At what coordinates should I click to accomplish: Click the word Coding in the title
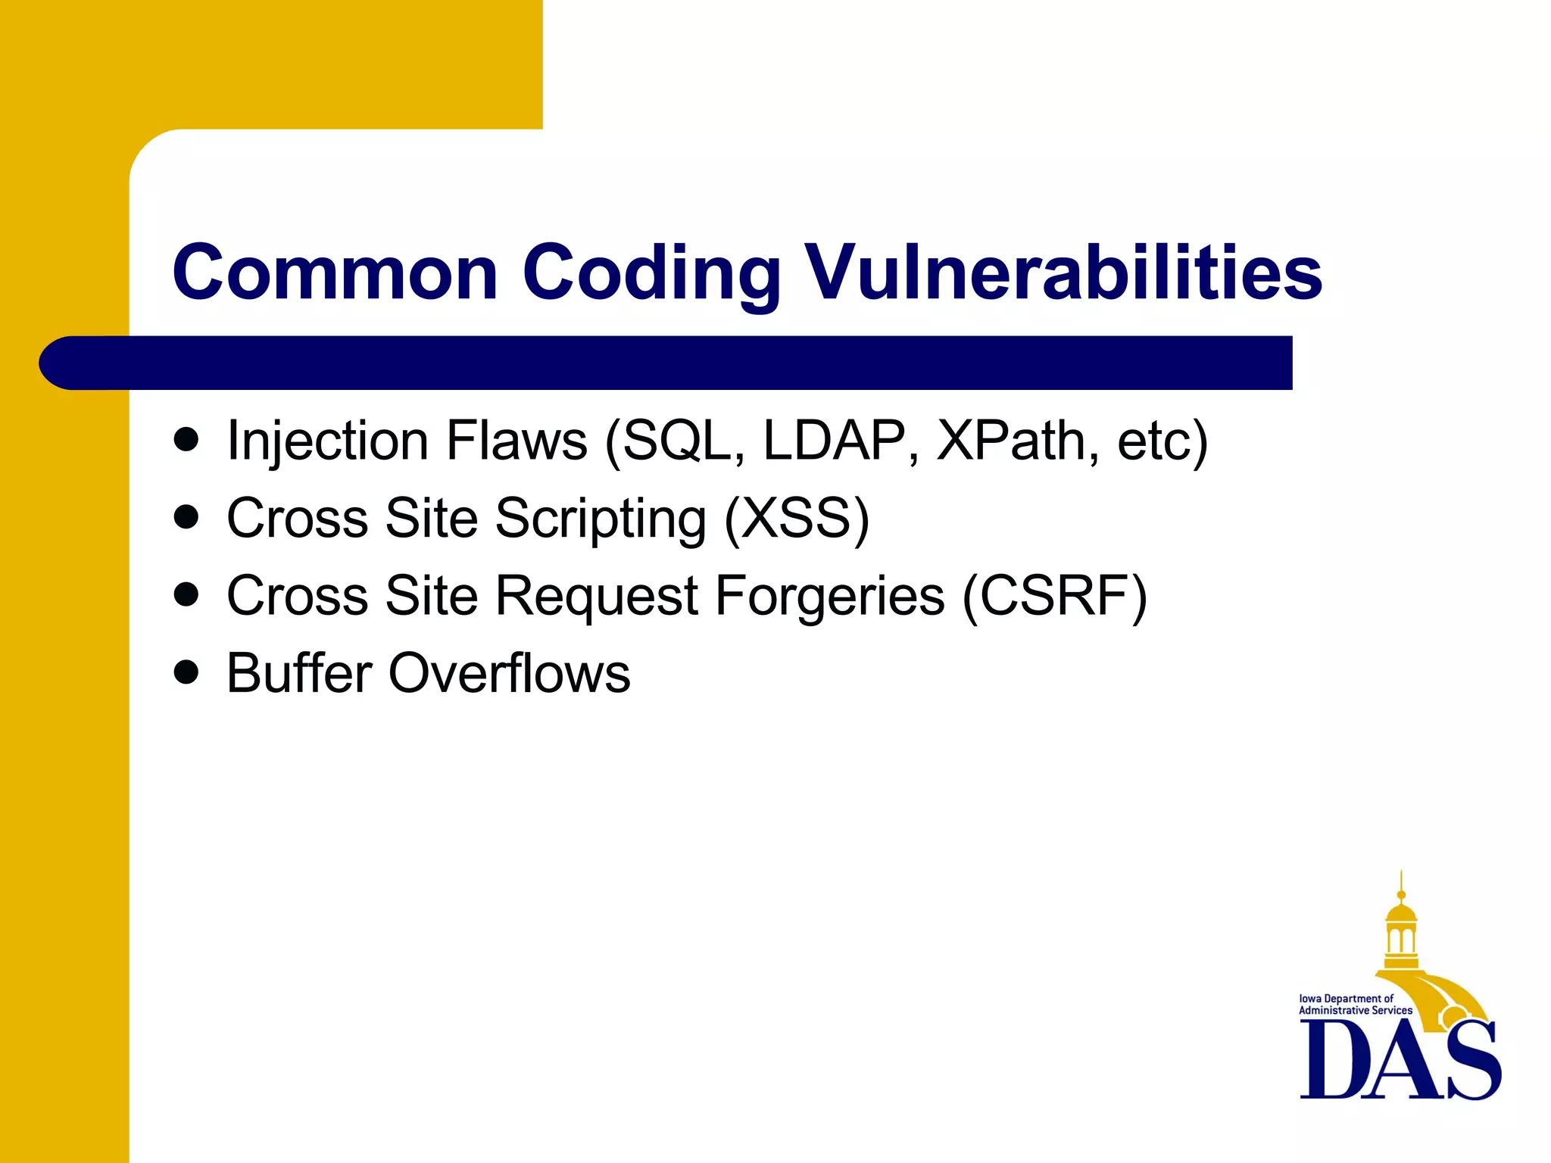pos(651,274)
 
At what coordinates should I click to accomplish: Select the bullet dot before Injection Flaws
pos(186,439)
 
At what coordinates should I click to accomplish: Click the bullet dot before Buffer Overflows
pos(186,672)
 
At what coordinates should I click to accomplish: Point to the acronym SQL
pos(678,441)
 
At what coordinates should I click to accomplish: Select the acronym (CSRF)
pos(1055,597)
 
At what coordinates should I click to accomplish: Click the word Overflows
pos(509,673)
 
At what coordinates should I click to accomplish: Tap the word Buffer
pos(299,673)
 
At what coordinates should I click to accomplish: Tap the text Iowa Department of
pos(1346,999)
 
